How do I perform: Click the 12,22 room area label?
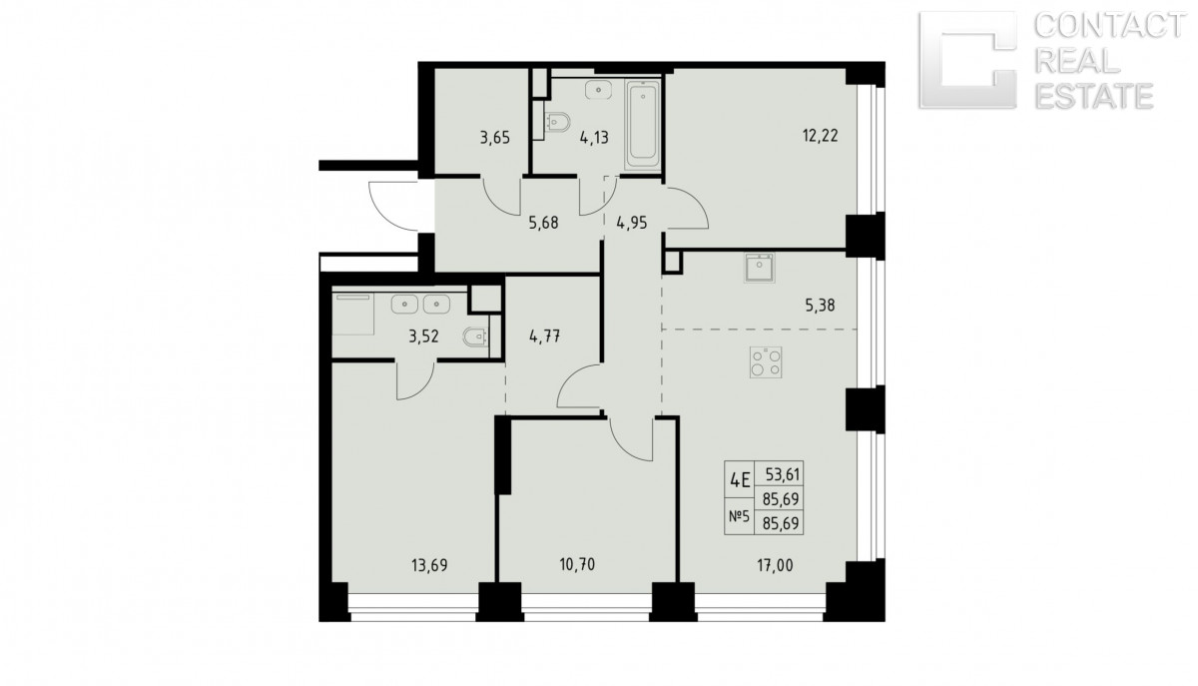click(820, 136)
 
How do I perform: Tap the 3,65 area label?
click(495, 138)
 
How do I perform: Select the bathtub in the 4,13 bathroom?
click(642, 125)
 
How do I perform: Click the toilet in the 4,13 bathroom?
click(557, 122)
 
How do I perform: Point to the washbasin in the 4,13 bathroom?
click(598, 90)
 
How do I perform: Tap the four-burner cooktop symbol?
click(766, 362)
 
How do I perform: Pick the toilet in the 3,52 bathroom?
click(475, 337)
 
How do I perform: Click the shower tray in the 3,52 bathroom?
click(353, 314)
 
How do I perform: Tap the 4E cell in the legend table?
click(740, 480)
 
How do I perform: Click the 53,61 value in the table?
click(782, 474)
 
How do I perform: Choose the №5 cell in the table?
click(740, 517)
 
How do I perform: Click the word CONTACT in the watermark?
click(1109, 26)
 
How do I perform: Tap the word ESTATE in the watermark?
click(1094, 96)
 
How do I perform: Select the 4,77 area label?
click(544, 338)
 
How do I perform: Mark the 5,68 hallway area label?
click(543, 222)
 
